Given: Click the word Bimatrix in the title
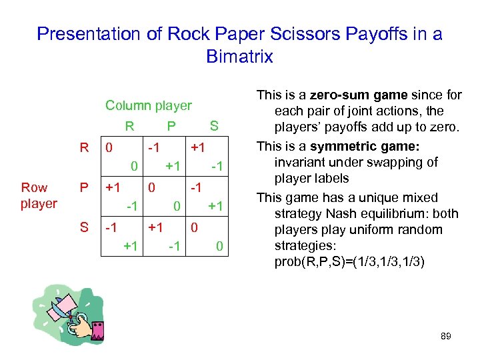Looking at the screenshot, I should [x=239, y=57].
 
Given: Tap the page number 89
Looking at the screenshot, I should [x=446, y=336].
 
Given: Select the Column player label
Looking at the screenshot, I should [x=149, y=105].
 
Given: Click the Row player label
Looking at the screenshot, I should [x=39, y=195].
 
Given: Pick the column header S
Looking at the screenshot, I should [x=214, y=125].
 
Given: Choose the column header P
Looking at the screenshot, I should [x=171, y=125].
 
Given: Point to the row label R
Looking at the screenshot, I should [x=85, y=147].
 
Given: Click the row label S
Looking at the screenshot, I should [x=85, y=228].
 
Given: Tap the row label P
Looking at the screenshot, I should [x=85, y=188].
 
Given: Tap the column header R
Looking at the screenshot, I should [x=129, y=125].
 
